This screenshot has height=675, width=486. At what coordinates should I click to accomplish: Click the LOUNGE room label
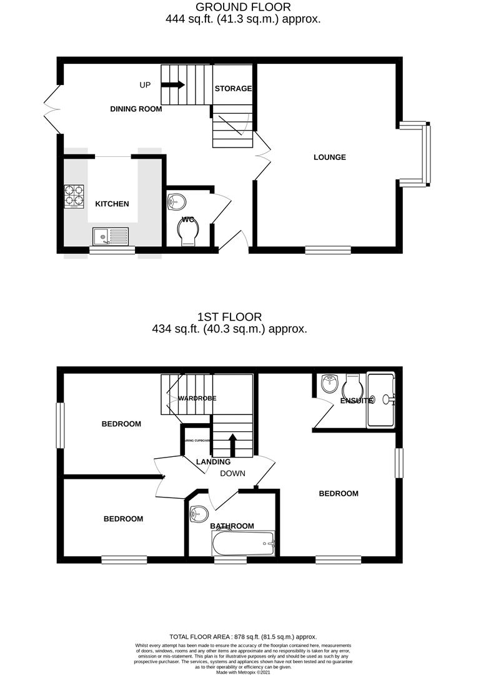pyautogui.click(x=329, y=157)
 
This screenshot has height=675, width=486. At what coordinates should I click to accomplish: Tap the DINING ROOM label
pyautogui.click(x=136, y=109)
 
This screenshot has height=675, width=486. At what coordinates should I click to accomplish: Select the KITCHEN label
pyautogui.click(x=112, y=204)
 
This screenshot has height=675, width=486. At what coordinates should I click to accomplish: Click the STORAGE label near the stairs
pyautogui.click(x=233, y=89)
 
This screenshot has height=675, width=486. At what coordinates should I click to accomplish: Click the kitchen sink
pyautogui.click(x=111, y=236)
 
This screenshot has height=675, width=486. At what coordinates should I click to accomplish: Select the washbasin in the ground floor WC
pyautogui.click(x=176, y=202)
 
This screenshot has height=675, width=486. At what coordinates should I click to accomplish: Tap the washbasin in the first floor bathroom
pyautogui.click(x=199, y=514)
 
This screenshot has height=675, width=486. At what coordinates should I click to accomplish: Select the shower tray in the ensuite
pyautogui.click(x=381, y=399)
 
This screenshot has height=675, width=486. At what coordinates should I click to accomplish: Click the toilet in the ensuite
pyautogui.click(x=353, y=383)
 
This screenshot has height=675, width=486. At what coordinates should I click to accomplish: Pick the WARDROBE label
pyautogui.click(x=197, y=398)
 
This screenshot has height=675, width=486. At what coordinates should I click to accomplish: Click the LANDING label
pyautogui.click(x=213, y=462)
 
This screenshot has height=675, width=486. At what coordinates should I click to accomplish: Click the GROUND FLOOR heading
pyautogui.click(x=243, y=7)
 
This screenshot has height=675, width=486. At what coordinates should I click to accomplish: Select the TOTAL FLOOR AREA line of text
pyautogui.click(x=243, y=636)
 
